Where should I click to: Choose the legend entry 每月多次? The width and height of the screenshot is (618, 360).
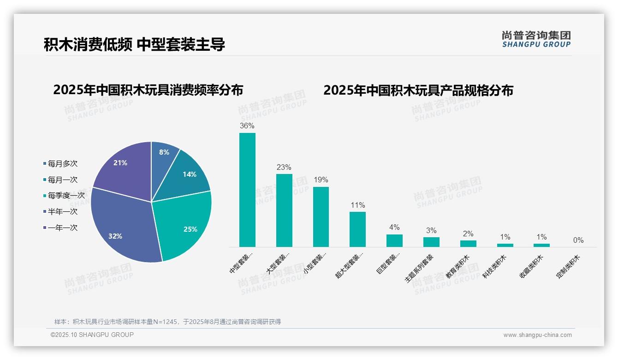click(62, 163)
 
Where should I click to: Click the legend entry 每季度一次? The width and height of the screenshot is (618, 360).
click(66, 196)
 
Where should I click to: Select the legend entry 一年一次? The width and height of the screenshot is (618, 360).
click(62, 228)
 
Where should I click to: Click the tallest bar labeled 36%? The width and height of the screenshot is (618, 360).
click(247, 190)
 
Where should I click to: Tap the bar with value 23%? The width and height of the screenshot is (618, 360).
click(284, 210)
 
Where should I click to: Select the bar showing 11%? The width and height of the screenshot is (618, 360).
click(357, 229)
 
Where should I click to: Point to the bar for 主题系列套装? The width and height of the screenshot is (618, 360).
click(431, 242)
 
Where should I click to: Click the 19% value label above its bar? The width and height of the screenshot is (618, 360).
click(321, 180)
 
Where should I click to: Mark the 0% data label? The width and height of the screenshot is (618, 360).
click(578, 240)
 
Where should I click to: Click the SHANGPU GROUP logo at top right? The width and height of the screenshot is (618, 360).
click(536, 39)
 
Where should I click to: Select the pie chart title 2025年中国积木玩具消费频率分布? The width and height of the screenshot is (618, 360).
click(148, 90)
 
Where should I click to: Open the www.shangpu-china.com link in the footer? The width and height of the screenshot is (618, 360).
click(537, 335)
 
